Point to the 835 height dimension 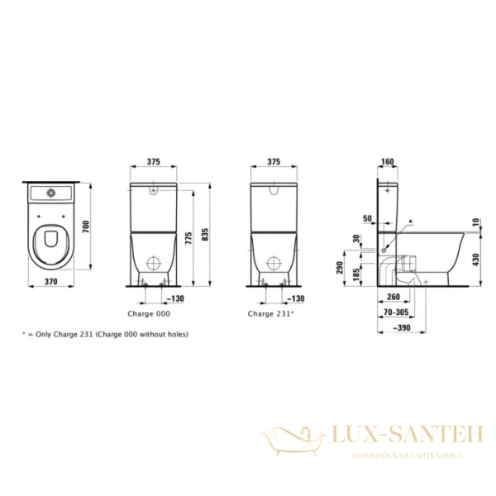point(214,235)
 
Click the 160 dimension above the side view point(389,163)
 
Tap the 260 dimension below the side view point(394,297)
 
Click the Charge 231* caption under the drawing point(272,314)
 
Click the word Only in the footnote point(41,334)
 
